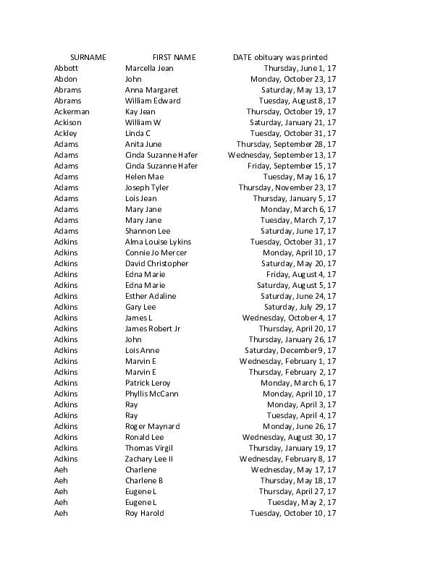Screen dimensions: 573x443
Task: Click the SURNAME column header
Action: [x=88, y=57]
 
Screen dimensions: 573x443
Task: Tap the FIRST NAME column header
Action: [x=174, y=57]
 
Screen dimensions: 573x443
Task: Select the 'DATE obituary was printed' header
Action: [x=280, y=57]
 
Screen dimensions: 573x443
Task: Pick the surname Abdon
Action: [x=65, y=79]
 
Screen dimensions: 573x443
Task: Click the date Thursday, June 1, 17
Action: [x=300, y=68]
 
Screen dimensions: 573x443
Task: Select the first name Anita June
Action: [x=143, y=144]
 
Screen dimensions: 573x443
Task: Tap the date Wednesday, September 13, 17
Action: [x=282, y=155]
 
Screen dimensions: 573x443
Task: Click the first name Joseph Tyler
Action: [x=147, y=187]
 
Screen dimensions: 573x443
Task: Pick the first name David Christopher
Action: [x=156, y=263]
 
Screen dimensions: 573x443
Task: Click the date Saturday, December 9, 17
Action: [x=290, y=350]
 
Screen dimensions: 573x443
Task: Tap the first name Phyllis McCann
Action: [x=151, y=394]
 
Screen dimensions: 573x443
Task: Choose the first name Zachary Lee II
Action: [x=149, y=459]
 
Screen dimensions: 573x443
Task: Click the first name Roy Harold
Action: [x=144, y=513]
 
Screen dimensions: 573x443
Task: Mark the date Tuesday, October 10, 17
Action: [x=293, y=513]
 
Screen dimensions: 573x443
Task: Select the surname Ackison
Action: [x=68, y=122]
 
